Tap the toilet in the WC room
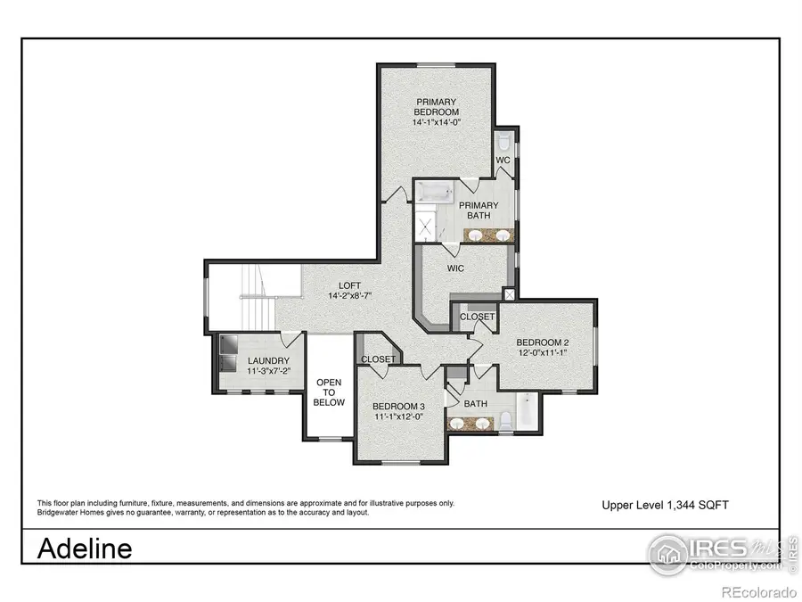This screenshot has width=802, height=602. tap(504, 143)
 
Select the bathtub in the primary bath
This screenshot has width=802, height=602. tap(437, 191)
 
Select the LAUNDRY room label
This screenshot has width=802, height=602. tap(268, 361)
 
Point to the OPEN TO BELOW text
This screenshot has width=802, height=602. tap(329, 392)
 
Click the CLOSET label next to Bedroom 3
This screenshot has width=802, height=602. tap(379, 359)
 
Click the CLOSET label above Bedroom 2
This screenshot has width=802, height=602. tap(477, 317)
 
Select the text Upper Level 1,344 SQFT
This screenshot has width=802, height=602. tap(666, 505)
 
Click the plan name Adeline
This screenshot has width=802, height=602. tap(85, 548)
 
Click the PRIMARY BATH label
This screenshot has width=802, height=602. tap(479, 210)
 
